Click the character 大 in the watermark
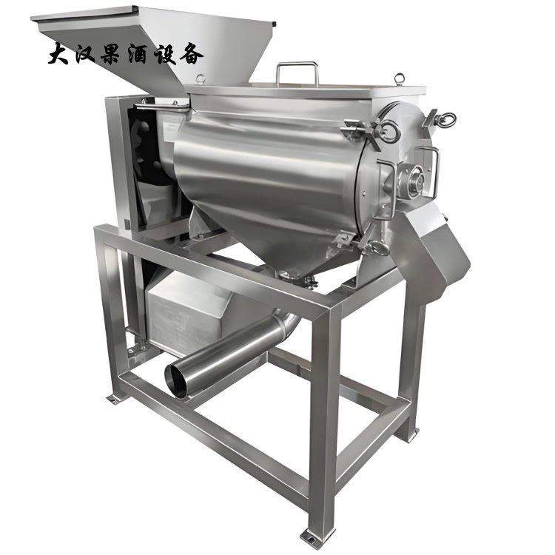(58, 55)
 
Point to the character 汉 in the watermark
(84, 55)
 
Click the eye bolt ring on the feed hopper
(201, 78)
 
